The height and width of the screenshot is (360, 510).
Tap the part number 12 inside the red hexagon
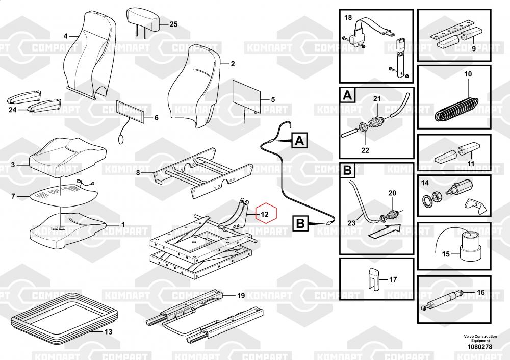click(x=264, y=215)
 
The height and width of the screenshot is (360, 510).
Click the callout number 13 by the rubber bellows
click(x=108, y=332)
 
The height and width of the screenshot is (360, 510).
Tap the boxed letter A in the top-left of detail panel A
click(x=347, y=95)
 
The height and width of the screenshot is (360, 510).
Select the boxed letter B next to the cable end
click(x=300, y=223)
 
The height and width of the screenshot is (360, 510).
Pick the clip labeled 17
click(x=374, y=278)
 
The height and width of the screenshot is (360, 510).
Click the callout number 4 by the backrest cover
click(x=65, y=36)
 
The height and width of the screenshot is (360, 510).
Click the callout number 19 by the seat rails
click(x=241, y=296)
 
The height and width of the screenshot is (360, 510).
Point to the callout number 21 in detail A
click(x=377, y=98)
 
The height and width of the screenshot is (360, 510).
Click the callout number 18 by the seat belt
click(x=348, y=18)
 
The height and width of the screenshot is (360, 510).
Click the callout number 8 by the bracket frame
click(x=138, y=173)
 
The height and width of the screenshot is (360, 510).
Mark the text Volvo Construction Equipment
click(x=480, y=338)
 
